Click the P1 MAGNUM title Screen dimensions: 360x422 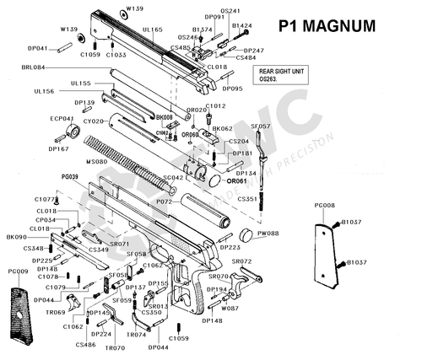click(x=326, y=25)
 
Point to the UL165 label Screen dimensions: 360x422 click(x=153, y=30)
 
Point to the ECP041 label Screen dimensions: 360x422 click(x=62, y=119)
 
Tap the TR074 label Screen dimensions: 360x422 click(x=137, y=335)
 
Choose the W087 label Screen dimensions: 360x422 click(x=230, y=309)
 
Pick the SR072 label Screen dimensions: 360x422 click(x=241, y=261)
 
